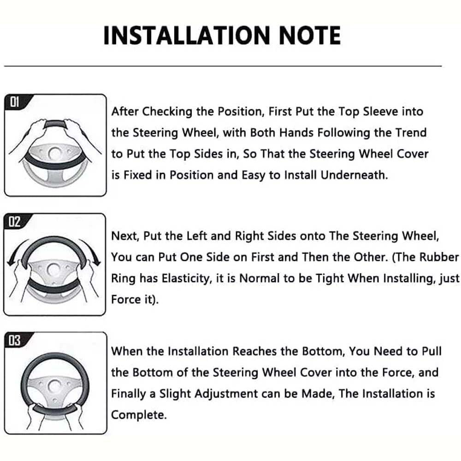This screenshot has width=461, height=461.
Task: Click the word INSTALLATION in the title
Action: pos(186,35)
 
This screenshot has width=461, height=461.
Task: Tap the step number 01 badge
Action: pos(15,102)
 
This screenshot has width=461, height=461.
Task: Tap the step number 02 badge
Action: pos(15,221)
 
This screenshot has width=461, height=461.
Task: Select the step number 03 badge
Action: pos(15,341)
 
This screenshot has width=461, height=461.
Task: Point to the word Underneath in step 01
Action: pos(354,175)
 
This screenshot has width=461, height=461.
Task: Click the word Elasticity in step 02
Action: pos(187,278)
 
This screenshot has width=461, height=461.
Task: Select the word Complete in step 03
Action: pos(139,415)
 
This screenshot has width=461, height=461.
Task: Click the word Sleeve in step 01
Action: pos(380,112)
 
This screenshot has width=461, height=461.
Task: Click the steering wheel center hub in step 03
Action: pos(55,386)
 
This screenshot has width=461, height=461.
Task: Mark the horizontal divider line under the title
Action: pos(223,66)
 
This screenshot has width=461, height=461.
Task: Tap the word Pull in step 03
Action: pos(431,351)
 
